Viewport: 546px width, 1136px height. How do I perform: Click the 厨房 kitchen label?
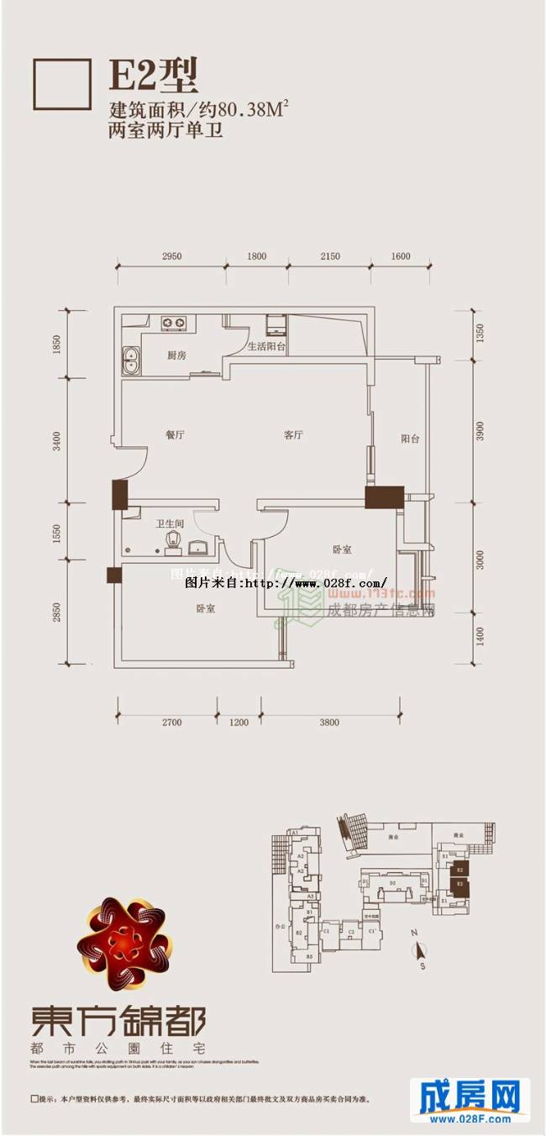176,356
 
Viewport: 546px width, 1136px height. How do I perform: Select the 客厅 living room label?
292,435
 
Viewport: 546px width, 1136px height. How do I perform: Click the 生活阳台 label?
266,346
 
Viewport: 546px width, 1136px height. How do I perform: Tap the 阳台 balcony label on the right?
410,438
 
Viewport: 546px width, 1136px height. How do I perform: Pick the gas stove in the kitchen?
175,322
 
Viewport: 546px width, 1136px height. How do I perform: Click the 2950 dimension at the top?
172,256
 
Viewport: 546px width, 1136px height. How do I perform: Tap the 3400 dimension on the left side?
56,440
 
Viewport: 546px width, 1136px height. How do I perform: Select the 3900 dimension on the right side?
480,431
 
